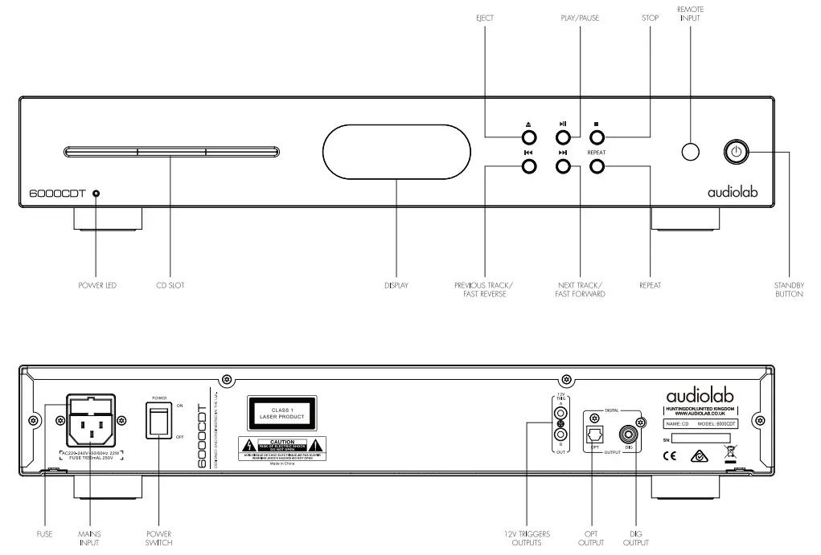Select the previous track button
[529, 166]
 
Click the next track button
[563, 166]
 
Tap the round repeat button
[597, 166]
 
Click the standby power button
[737, 151]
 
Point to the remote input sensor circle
[689, 151]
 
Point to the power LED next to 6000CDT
[96, 194]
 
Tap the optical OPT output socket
[594, 434]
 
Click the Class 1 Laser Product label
[281, 414]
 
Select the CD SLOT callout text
[170, 286]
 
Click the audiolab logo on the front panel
[732, 192]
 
